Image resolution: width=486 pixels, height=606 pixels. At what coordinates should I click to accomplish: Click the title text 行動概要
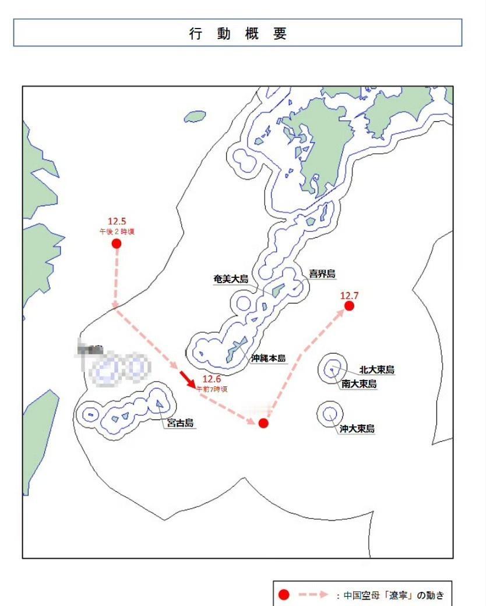(238, 34)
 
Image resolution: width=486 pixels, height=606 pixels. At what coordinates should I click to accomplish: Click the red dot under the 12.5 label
(117, 244)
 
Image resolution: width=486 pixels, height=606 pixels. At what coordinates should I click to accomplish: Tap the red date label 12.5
(117, 221)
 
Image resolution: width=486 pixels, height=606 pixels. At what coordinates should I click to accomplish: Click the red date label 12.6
(212, 379)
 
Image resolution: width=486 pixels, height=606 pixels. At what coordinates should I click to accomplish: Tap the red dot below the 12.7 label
(349, 306)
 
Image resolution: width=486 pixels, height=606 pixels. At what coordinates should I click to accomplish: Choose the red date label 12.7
(349, 296)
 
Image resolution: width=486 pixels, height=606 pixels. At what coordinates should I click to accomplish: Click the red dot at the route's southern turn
(263, 423)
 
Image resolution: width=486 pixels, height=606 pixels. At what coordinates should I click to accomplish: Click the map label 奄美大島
(231, 279)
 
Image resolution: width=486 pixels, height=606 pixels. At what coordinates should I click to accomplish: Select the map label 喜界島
(322, 274)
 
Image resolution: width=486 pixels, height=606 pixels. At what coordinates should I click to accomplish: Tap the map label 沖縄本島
(269, 358)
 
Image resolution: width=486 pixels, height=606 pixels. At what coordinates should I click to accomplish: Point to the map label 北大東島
(376, 369)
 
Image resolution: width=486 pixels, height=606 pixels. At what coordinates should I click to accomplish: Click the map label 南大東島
(359, 384)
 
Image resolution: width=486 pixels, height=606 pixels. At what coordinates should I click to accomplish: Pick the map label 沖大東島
(357, 429)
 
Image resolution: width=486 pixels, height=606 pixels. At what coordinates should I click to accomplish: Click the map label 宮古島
(180, 424)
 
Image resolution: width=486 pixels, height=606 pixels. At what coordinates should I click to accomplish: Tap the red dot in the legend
(284, 594)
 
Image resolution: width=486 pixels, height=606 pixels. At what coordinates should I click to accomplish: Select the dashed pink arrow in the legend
(314, 594)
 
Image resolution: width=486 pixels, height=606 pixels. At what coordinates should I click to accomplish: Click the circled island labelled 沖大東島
(330, 414)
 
